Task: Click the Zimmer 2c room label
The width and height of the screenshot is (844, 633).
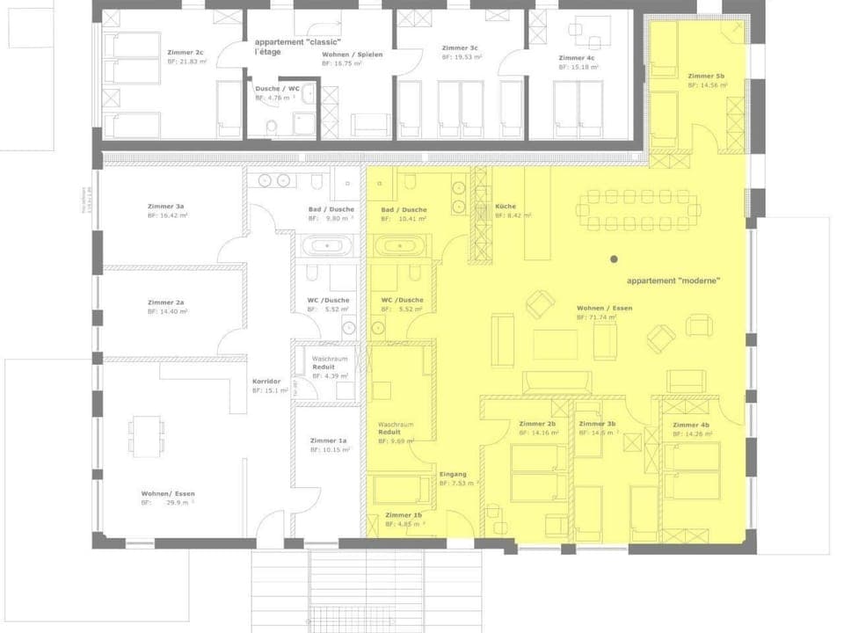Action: [186, 53]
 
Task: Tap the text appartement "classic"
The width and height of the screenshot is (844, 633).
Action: [297, 42]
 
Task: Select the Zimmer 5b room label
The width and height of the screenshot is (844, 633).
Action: [706, 76]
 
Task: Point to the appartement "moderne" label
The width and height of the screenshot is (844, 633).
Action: [673, 281]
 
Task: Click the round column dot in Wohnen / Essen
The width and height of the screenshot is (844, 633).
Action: [614, 259]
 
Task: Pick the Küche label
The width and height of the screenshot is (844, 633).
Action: [506, 207]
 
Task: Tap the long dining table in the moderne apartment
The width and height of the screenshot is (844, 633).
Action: [637, 209]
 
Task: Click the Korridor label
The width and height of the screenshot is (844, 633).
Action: [266, 381]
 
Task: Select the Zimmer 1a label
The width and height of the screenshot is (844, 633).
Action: [328, 440]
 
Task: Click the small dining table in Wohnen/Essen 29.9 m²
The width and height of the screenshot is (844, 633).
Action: [146, 434]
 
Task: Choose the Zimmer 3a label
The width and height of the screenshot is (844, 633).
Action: [165, 207]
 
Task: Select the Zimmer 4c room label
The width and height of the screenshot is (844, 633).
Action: [576, 58]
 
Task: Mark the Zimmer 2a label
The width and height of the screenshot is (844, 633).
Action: [165, 302]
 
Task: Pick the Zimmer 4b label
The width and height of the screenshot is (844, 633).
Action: [691, 426]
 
